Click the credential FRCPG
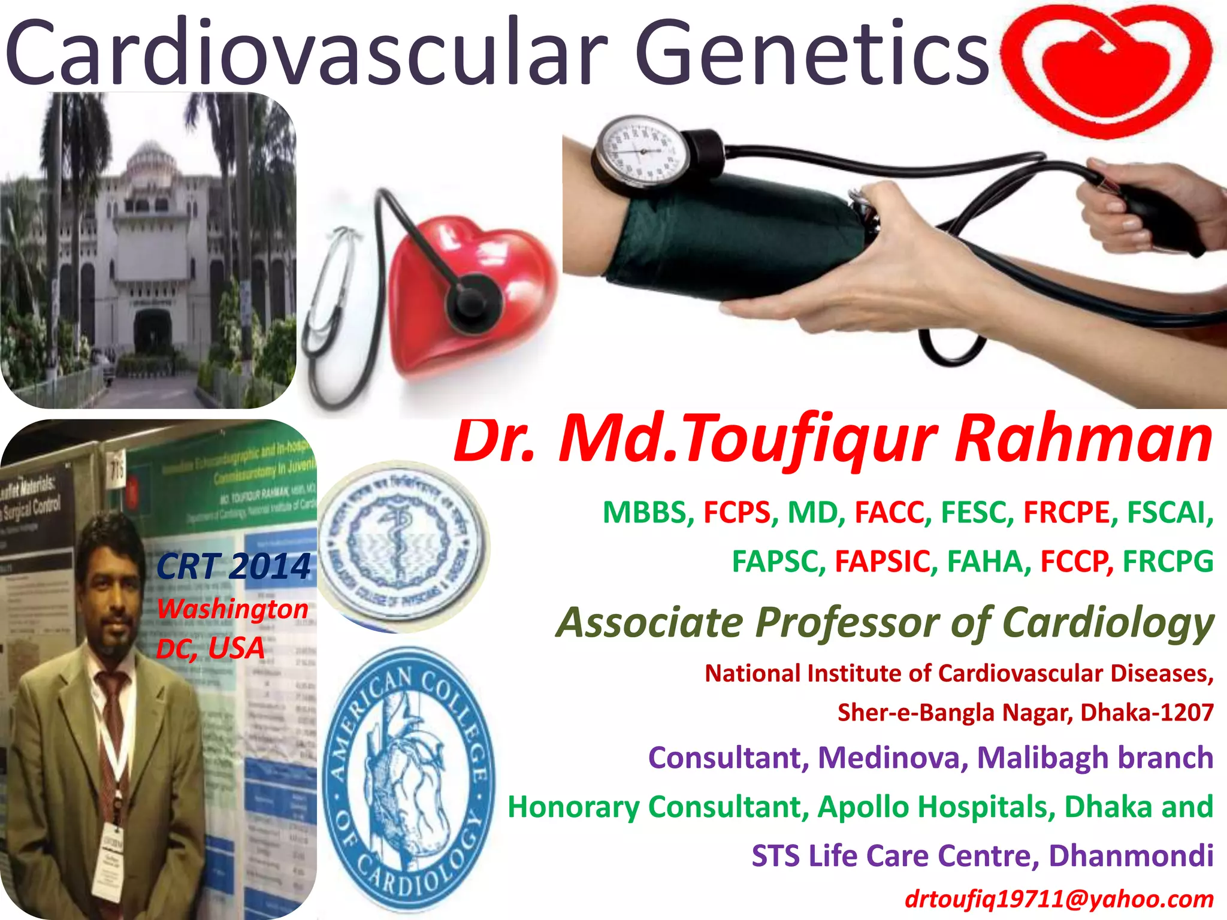pos(1168,562)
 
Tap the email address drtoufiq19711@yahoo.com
pos(1059,899)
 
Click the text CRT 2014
pos(234,566)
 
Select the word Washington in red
pos(232,609)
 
